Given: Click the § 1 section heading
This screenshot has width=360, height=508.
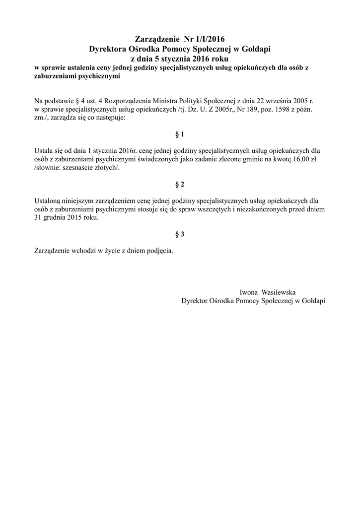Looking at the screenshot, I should (x=180, y=134).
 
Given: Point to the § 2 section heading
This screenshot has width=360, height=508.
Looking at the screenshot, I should (x=180, y=185).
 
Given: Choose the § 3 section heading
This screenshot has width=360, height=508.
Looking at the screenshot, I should (x=180, y=234).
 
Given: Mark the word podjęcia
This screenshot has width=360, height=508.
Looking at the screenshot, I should (x=158, y=251).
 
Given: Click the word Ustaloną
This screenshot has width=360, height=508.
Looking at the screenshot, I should (x=47, y=200).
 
